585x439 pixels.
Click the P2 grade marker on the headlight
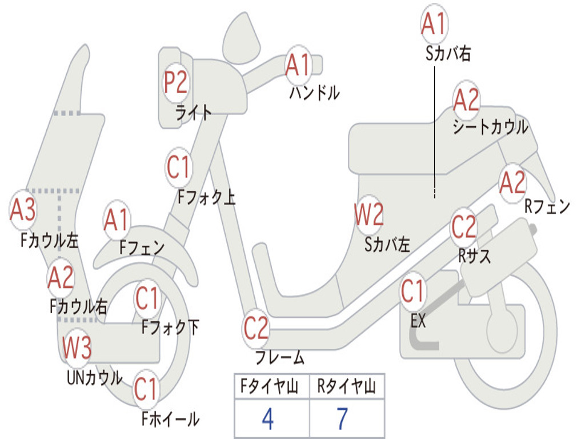point(176,82)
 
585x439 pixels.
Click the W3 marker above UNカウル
point(77,348)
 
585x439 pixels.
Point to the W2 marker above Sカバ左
point(369,214)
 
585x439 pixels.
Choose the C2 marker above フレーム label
point(256,328)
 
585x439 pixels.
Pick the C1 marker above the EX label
point(412,291)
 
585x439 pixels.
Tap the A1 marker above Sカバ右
point(434,23)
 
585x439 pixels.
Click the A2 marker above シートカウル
point(466,99)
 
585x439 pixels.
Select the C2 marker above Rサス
point(464,226)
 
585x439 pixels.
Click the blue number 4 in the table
point(268,419)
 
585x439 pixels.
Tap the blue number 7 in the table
point(342,419)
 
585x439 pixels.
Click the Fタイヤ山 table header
point(269,386)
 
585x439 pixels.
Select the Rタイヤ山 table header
point(346,386)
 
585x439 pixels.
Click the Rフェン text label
point(547,206)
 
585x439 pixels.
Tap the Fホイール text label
point(170,419)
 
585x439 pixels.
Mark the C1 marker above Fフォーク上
point(179,167)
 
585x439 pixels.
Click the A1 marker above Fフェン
point(117,220)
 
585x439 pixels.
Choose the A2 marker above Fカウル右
point(61,278)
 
